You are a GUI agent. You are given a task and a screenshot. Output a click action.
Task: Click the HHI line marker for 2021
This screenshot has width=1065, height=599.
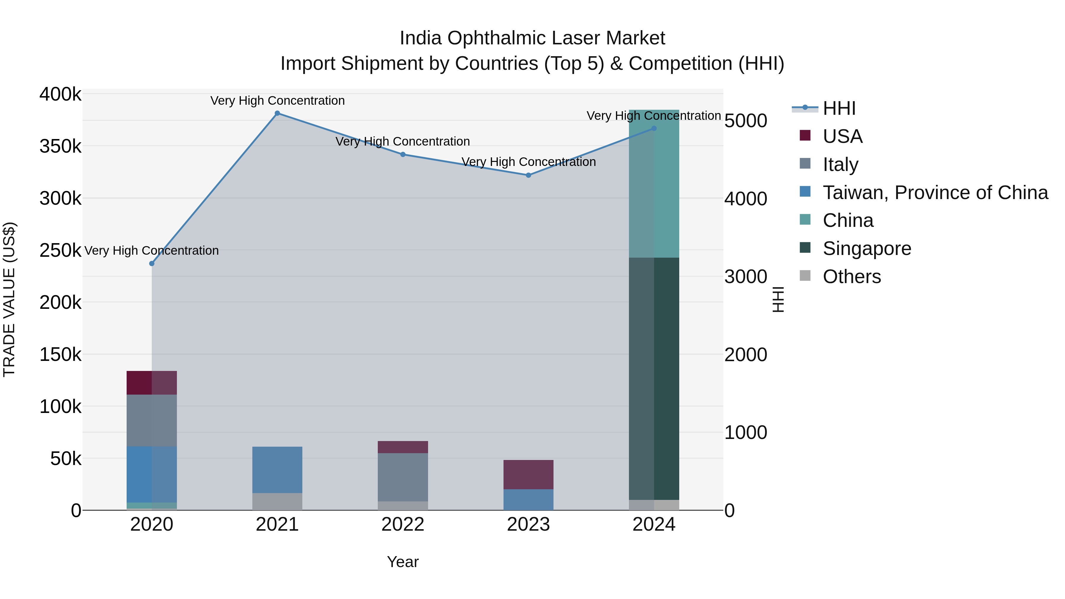pyautogui.click(x=277, y=113)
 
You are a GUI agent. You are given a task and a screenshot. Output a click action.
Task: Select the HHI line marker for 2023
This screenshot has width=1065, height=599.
pyautogui.click(x=528, y=175)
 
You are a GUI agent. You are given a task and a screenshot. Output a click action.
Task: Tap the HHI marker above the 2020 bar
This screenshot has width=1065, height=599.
pyautogui.click(x=152, y=264)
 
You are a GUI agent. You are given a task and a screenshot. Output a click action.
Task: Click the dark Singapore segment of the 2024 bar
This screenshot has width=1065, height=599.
pyautogui.click(x=654, y=378)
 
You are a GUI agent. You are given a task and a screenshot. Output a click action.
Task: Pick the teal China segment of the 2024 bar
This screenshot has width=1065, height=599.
pyautogui.click(x=654, y=184)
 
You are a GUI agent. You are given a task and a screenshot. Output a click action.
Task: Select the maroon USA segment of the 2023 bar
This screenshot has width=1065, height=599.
pyautogui.click(x=528, y=474)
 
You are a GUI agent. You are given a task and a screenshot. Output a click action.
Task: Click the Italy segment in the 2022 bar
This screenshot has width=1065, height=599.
pyautogui.click(x=403, y=477)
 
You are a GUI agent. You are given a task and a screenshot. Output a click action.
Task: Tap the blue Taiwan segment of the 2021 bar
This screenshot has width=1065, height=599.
pyautogui.click(x=277, y=470)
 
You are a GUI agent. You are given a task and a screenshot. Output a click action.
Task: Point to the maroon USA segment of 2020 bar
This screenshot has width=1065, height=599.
pyautogui.click(x=152, y=383)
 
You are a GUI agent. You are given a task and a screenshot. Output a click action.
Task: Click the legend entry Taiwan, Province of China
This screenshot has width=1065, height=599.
pyautogui.click(x=935, y=193)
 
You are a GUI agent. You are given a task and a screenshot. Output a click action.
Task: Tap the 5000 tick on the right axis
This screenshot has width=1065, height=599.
pyautogui.click(x=746, y=121)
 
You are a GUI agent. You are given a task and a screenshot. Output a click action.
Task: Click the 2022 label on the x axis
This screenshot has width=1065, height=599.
pyautogui.click(x=403, y=524)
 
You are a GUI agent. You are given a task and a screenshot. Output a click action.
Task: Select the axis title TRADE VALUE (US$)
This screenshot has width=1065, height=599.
pyautogui.click(x=9, y=299)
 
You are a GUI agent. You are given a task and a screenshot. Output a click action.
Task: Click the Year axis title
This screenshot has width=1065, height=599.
pyautogui.click(x=403, y=562)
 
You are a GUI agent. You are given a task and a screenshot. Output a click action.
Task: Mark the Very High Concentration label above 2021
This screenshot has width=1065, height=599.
pyautogui.click(x=277, y=101)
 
